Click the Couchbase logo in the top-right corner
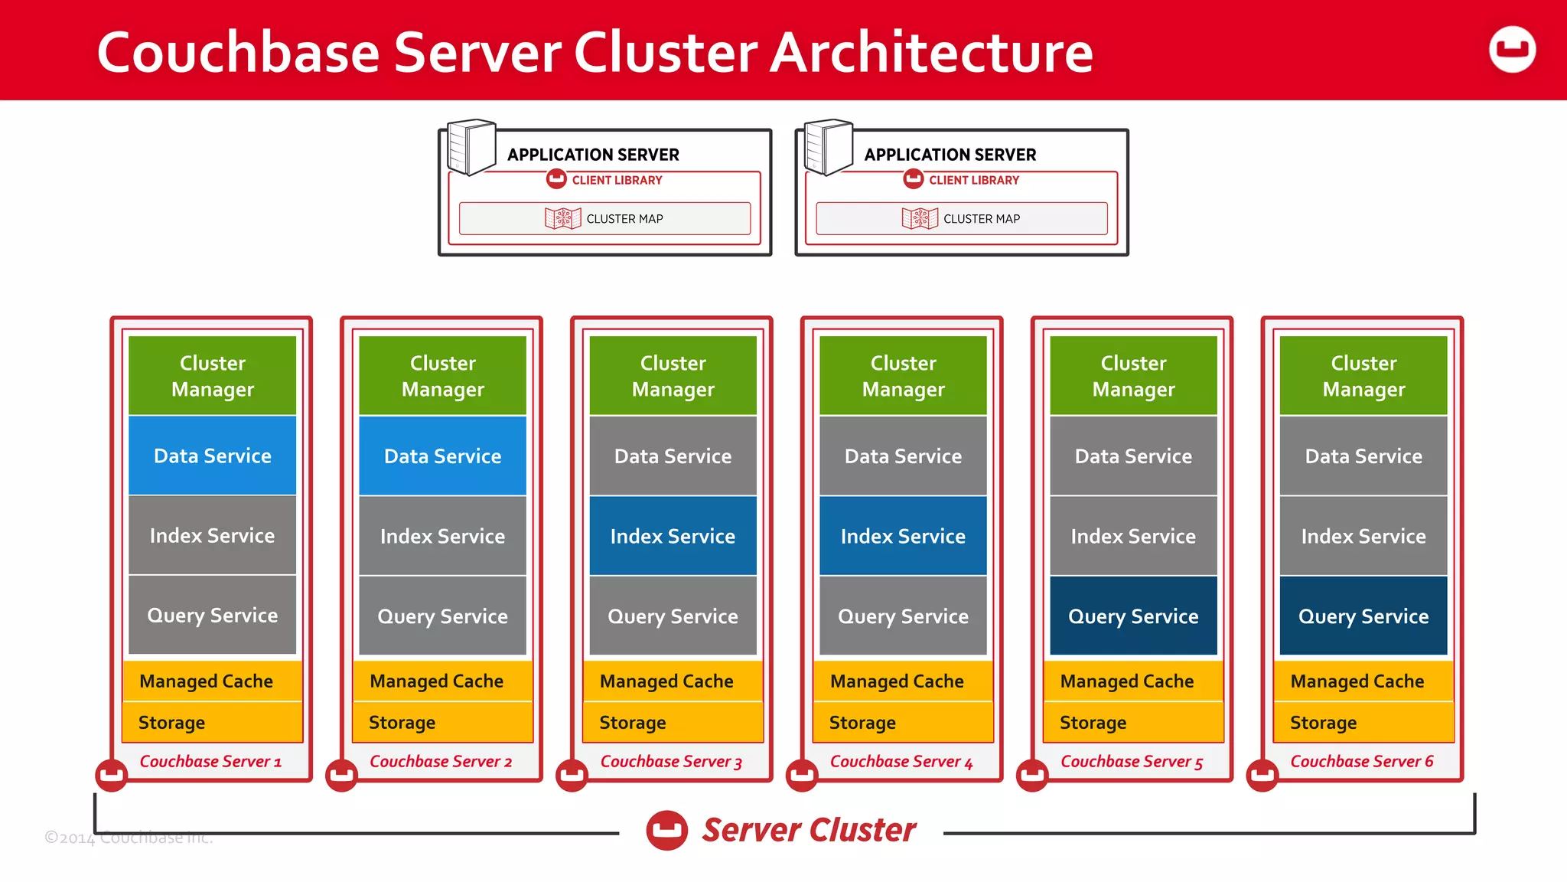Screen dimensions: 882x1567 [1512, 50]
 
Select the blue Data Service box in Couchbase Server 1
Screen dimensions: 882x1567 [212, 456]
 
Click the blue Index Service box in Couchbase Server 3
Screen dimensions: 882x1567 [673, 536]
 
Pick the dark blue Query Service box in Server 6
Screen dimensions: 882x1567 [1363, 616]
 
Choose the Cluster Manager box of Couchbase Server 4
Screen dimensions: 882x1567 [903, 376]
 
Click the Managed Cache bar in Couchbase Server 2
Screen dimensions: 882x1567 [441, 681]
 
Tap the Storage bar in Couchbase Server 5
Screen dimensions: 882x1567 [1132, 722]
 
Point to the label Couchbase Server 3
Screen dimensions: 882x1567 [671, 761]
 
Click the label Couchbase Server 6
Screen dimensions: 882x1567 [1361, 761]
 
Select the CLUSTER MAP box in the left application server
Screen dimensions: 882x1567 [604, 219]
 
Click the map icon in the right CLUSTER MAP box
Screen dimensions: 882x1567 [919, 219]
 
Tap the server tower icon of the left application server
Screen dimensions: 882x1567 [471, 146]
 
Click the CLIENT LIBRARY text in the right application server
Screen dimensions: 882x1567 [973, 180]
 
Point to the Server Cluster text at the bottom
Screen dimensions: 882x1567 [809, 830]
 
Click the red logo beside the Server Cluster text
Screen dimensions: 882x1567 [666, 830]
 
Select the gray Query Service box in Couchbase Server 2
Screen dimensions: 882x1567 [442, 616]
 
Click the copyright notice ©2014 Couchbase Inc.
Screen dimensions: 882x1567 [128, 837]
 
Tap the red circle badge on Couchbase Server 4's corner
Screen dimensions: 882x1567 [802, 775]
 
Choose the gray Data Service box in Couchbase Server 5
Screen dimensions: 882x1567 [1132, 456]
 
